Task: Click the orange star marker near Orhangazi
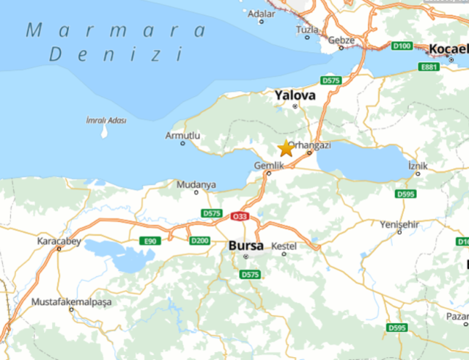[x=286, y=149]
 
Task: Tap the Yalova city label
[x=295, y=95]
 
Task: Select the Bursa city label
[x=245, y=245]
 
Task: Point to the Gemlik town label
[x=268, y=165]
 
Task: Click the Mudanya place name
[x=196, y=184]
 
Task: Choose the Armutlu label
[x=182, y=135]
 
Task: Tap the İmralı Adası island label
[x=106, y=120]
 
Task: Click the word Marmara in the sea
[x=116, y=31]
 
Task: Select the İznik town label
[x=418, y=165]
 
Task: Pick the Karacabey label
[x=59, y=240]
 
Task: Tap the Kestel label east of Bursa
[x=284, y=246]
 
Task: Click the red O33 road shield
[x=240, y=216]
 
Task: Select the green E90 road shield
[x=149, y=240]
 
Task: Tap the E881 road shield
[x=429, y=67]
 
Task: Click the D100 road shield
[x=401, y=46]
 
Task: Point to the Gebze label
[x=341, y=40]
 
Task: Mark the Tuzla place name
[x=307, y=29]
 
